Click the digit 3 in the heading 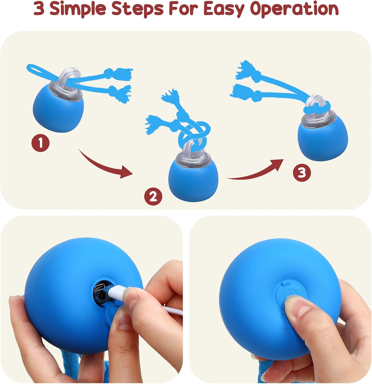pyautogui.click(x=39, y=9)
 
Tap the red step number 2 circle pyautogui.click(x=153, y=197)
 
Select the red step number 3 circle pyautogui.click(x=302, y=173)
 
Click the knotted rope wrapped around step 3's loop pyautogui.click(x=316, y=110)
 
